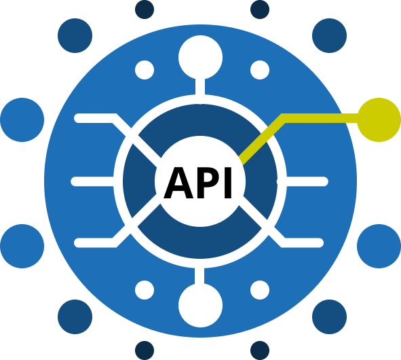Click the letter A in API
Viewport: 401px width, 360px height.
[178, 183]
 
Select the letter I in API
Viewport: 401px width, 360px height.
[228, 183]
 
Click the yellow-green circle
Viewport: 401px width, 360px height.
[379, 120]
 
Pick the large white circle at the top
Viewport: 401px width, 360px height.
[201, 57]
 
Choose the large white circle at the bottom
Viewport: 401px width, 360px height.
[201, 305]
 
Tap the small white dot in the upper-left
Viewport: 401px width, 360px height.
[145, 70]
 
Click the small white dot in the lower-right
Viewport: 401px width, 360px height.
[260, 290]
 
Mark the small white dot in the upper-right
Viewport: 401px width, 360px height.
[260, 70]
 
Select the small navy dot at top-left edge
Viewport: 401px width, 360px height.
[145, 10]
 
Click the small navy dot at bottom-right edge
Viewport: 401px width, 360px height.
[260, 350]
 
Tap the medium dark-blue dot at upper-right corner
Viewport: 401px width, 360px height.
[329, 35]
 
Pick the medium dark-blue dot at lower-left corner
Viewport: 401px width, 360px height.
[75, 317]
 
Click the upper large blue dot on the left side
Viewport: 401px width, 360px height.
[22, 120]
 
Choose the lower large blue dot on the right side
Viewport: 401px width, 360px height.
[379, 246]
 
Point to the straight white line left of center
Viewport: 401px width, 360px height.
[92, 181]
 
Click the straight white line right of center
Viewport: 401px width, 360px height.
[307, 181]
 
